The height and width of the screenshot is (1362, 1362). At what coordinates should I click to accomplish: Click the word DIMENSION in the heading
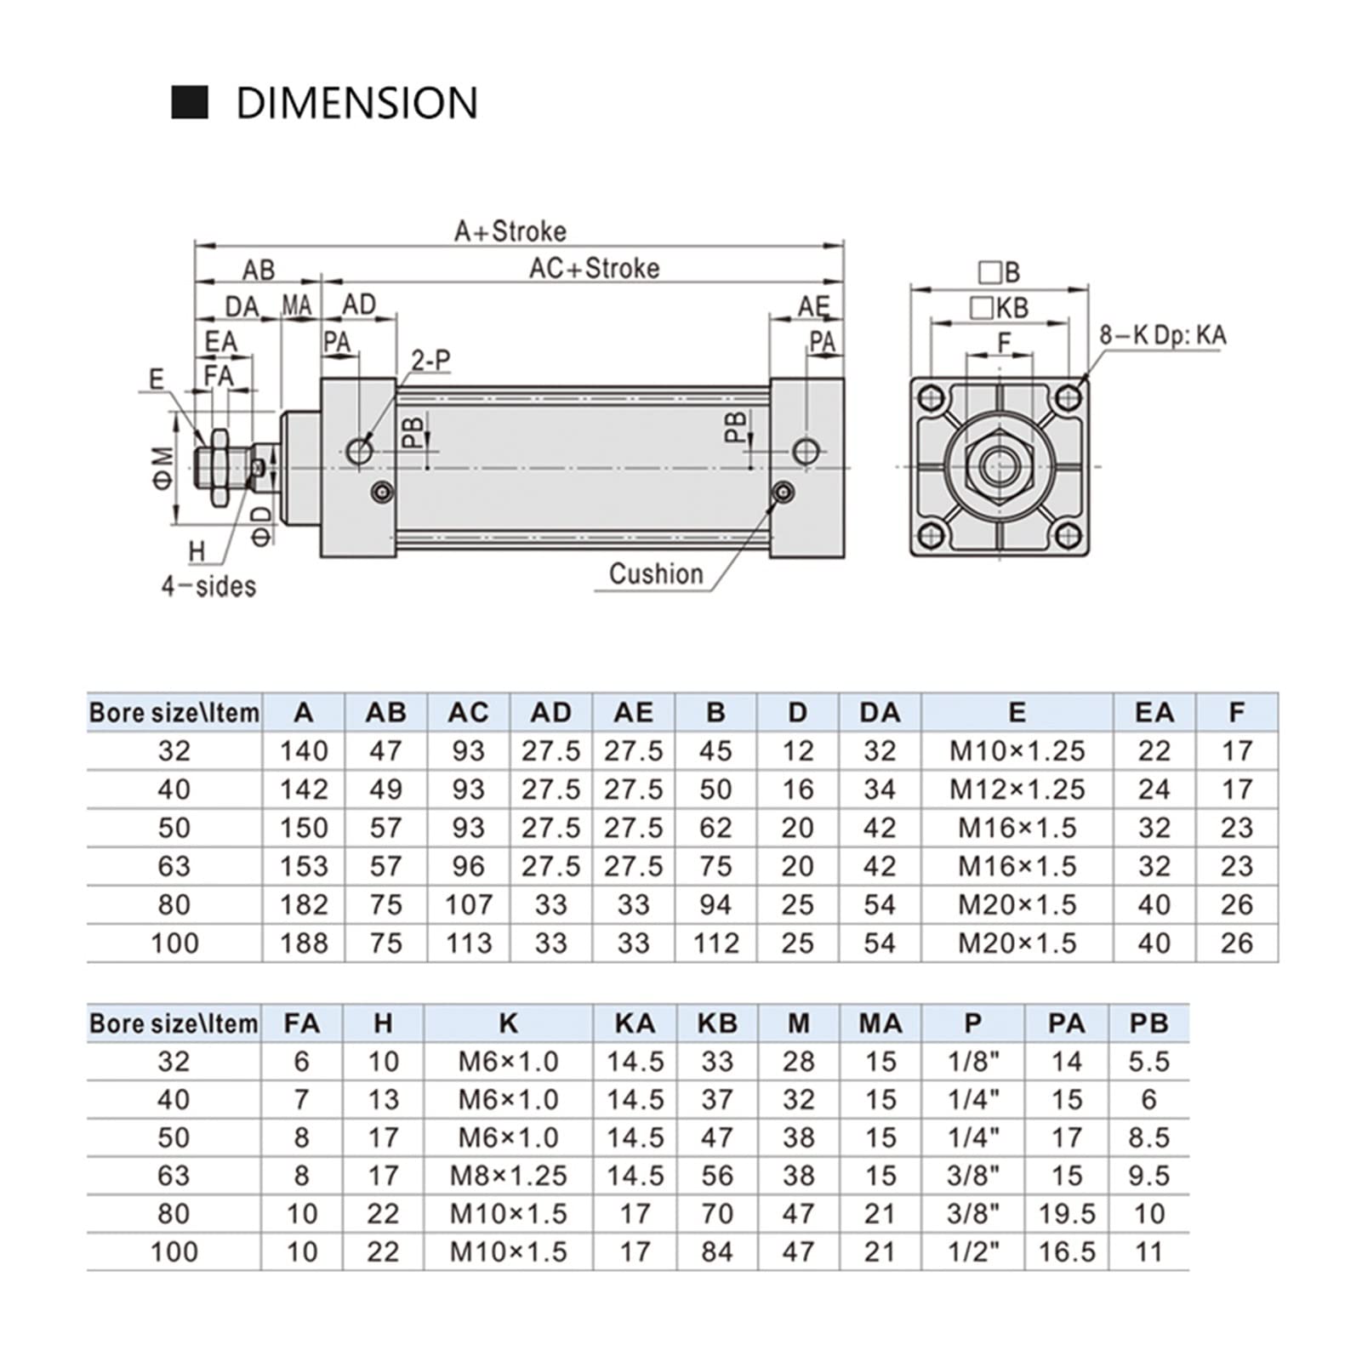[356, 103]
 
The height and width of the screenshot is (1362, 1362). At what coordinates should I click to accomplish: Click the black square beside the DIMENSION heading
[190, 102]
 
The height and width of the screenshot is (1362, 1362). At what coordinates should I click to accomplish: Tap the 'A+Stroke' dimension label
[510, 231]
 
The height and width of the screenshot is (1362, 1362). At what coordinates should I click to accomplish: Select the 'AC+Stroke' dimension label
[594, 268]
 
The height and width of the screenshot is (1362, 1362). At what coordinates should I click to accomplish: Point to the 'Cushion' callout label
[656, 574]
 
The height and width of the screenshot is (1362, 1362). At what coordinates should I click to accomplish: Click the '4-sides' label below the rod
[208, 586]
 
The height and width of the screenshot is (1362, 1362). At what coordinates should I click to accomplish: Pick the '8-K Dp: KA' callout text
[1162, 335]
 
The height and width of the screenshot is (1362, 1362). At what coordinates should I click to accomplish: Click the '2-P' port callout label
[430, 361]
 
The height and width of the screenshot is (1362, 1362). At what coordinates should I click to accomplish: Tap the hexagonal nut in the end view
[999, 465]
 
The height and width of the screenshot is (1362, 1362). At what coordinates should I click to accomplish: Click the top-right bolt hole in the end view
[1068, 397]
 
